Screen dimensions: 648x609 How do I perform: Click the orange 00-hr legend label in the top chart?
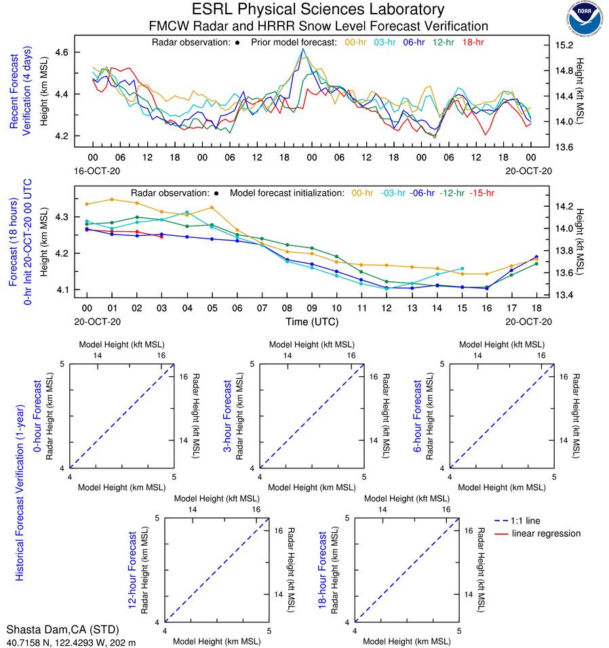click(357, 42)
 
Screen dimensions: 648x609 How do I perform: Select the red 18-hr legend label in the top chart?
click(474, 42)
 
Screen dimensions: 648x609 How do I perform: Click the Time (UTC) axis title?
click(311, 321)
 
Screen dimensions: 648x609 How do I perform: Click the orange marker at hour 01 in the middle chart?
click(112, 199)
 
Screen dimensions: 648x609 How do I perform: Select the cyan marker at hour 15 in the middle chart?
click(463, 268)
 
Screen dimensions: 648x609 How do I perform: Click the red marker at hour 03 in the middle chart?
click(161, 237)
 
